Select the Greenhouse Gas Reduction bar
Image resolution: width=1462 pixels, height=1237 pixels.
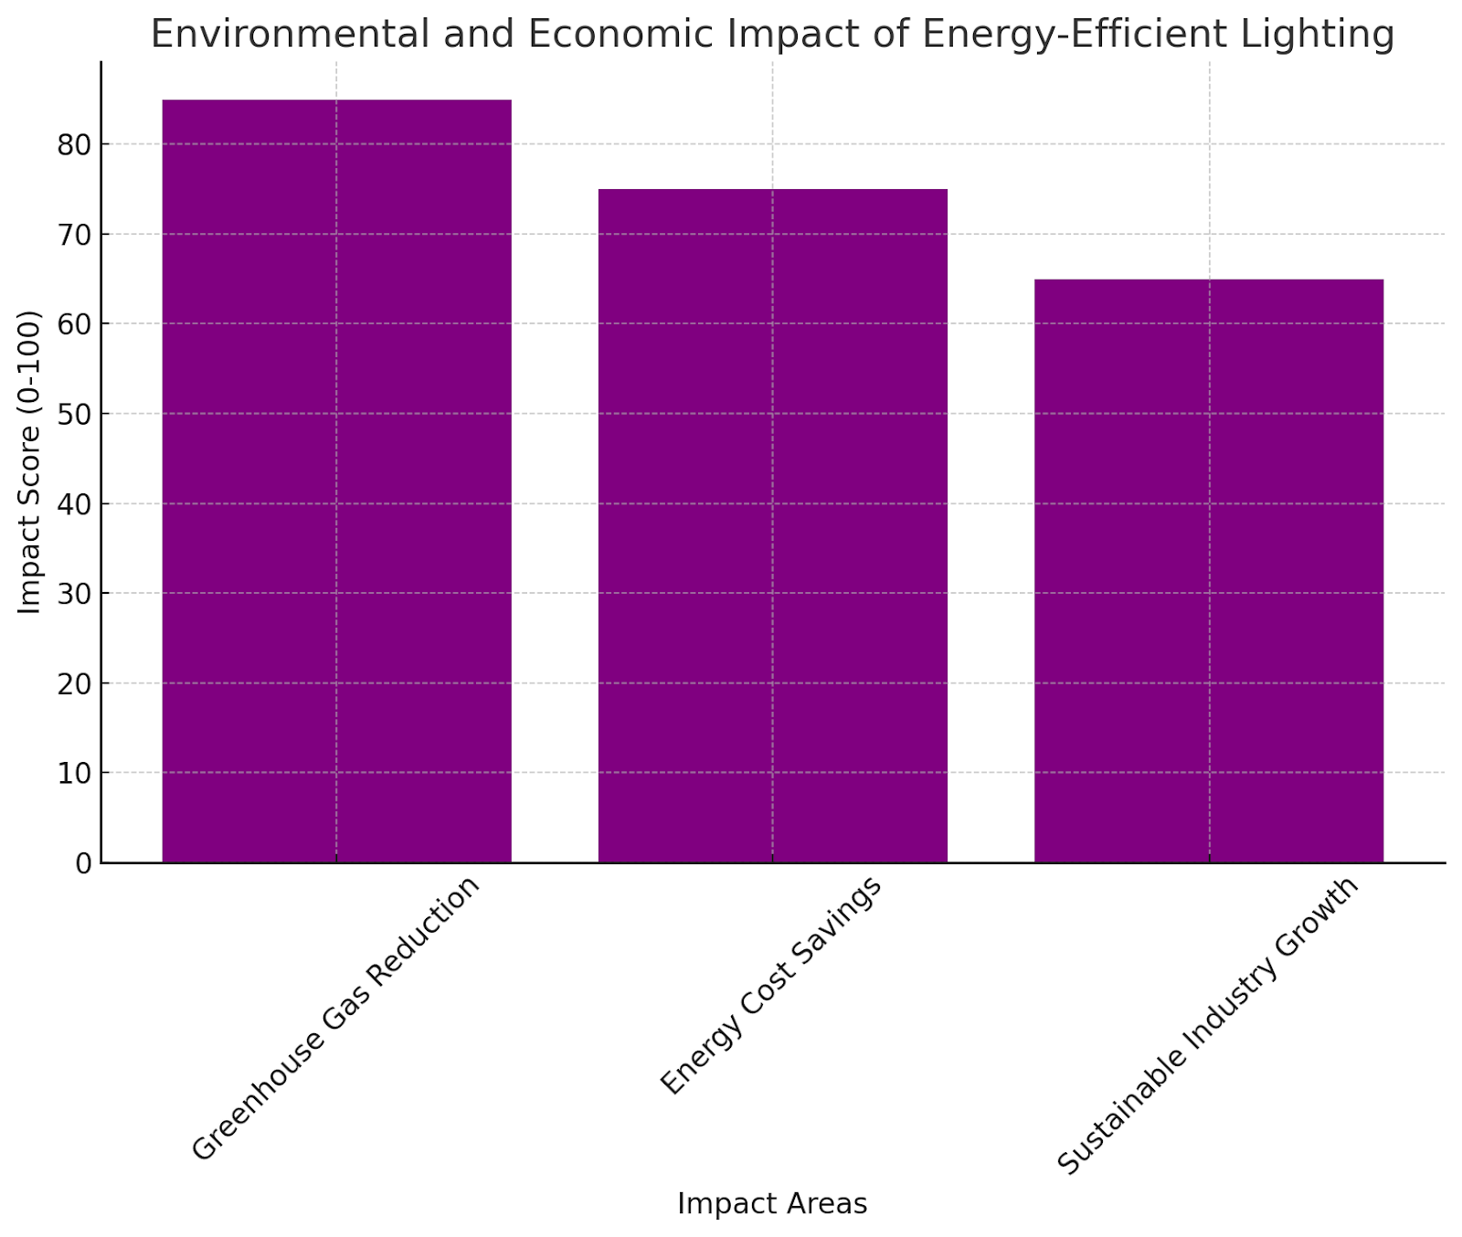tap(336, 481)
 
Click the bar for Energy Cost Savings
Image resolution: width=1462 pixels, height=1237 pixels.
tap(772, 525)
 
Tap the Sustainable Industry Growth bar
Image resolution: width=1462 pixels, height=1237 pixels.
tap(1208, 570)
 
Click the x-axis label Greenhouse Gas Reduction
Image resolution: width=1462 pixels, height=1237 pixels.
tap(335, 1018)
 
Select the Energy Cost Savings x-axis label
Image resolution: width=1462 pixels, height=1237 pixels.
tap(771, 985)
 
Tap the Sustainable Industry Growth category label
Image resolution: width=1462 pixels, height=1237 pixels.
tap(1208, 1026)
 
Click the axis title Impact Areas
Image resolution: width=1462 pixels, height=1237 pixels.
tap(772, 1204)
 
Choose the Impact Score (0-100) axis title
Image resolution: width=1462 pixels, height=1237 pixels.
tap(30, 462)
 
